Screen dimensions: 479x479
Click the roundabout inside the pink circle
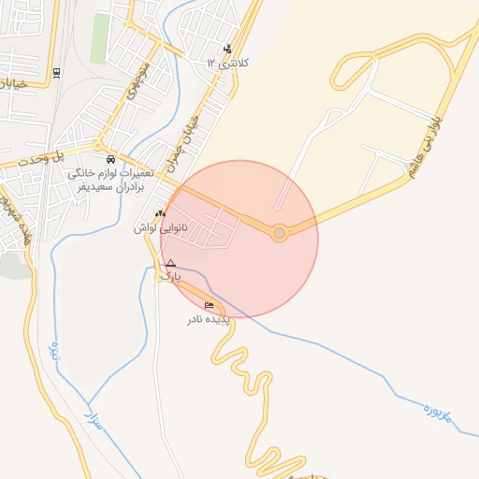pos(279,233)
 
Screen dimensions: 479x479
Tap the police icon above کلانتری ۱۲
pos(227,49)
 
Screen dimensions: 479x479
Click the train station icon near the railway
pos(57,72)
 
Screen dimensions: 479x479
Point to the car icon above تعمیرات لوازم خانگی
pos(111,159)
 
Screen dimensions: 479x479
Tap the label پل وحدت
pos(70,159)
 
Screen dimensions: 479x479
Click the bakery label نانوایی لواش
pos(159,227)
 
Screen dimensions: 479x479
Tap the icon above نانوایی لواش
pos(159,213)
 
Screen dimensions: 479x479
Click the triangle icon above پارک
pos(170,264)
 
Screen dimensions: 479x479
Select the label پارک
pos(168,277)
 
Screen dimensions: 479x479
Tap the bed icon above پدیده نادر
pos(209,306)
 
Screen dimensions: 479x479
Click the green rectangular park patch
pos(99,38)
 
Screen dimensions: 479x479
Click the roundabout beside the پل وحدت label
pos(96,145)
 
